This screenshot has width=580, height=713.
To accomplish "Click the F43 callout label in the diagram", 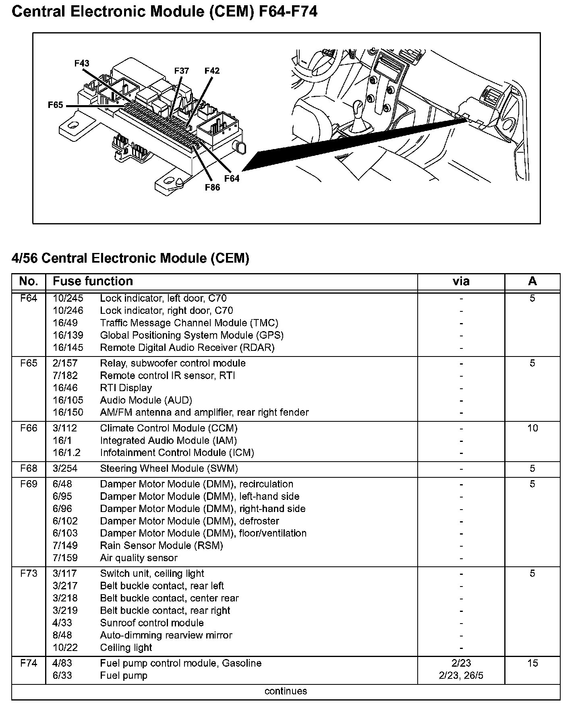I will pos(82,63).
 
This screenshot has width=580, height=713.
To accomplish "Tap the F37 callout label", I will pos(182,71).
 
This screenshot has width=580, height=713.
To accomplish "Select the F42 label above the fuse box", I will pos(212,71).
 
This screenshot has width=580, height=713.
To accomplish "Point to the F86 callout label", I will pos(212,187).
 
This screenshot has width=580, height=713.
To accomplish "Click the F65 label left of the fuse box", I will pos(56,105).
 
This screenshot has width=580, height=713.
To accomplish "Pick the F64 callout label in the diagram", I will pos(232,178).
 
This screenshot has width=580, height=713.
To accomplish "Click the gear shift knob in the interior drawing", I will pos(358,109).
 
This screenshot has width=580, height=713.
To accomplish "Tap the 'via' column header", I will pos(461,281).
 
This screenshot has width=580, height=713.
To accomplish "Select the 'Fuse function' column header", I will pos(93,281).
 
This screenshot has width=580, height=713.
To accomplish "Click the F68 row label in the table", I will pos(29,468).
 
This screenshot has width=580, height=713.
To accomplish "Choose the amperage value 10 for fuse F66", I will pos(532,428).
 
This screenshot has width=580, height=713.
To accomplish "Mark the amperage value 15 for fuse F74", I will pos(532,663).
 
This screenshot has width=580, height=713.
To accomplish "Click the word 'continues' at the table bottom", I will pos(286,691).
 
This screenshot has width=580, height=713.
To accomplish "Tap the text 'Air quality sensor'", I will pos(139,558).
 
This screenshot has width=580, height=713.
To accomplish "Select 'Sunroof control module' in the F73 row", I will pos(152,623).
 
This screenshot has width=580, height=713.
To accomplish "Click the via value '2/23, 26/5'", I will pos(461,676).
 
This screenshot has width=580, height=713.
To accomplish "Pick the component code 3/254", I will pos(65,468).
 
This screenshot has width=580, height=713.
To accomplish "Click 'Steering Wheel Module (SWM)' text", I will pos(169,468).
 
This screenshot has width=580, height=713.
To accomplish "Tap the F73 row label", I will pos(29,574).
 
